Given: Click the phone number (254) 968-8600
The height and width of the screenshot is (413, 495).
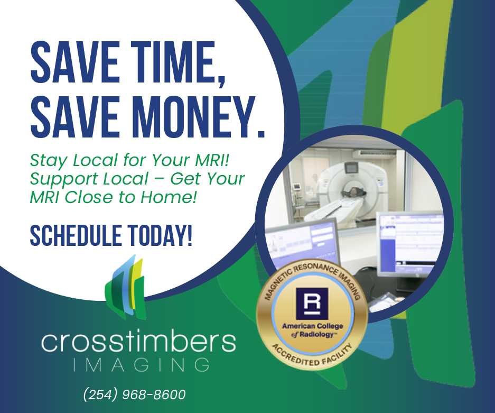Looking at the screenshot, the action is click(135, 394).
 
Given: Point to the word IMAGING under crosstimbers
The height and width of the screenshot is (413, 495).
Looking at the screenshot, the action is click(142, 365).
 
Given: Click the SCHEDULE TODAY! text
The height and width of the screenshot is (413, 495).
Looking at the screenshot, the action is click(111, 235).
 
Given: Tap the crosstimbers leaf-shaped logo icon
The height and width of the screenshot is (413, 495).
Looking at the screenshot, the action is click(126, 288).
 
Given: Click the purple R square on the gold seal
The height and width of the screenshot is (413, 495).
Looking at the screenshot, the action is click(312, 304).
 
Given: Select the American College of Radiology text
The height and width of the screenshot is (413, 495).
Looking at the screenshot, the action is click(313, 330).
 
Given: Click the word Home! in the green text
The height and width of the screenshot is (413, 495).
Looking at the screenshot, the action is click(169, 197).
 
